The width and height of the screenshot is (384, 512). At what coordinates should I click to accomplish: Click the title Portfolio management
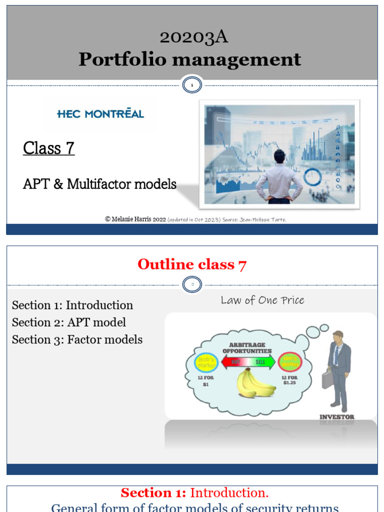[x=189, y=59]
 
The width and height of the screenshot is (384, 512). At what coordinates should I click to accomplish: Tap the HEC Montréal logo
[x=100, y=113]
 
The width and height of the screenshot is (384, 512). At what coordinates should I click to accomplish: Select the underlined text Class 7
[x=49, y=148]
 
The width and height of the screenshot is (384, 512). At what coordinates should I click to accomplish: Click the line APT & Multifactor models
[x=99, y=184]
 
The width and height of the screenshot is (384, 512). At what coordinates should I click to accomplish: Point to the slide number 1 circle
[x=192, y=85]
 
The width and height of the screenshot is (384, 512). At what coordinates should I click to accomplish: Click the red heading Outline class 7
[x=191, y=264]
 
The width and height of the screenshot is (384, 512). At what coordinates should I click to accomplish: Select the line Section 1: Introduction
[x=72, y=305]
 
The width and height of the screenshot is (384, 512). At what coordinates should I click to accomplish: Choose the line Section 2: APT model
[x=69, y=322]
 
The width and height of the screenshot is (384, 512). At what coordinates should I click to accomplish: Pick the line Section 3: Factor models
[x=77, y=339]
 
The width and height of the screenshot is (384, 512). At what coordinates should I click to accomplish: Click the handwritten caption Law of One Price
[x=262, y=300]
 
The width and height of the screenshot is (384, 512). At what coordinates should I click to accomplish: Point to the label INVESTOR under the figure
[x=337, y=416]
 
